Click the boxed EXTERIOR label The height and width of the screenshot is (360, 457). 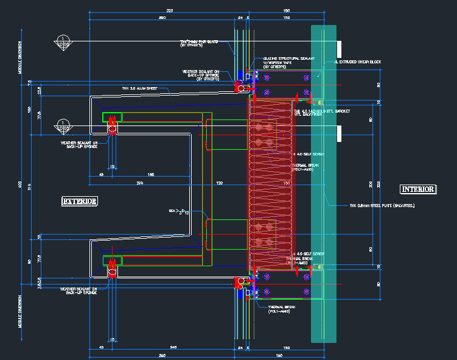(x=80, y=200)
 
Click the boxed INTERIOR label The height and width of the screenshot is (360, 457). (x=417, y=189)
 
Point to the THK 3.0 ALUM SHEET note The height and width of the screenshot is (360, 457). (x=139, y=89)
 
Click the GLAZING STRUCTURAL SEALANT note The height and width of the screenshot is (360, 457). (x=288, y=59)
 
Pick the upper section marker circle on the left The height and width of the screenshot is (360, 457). (x=62, y=42)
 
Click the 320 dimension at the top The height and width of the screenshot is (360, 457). (x=170, y=10)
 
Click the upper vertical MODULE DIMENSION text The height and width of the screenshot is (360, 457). (x=20, y=58)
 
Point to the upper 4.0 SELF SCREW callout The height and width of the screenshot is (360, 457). (x=307, y=155)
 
